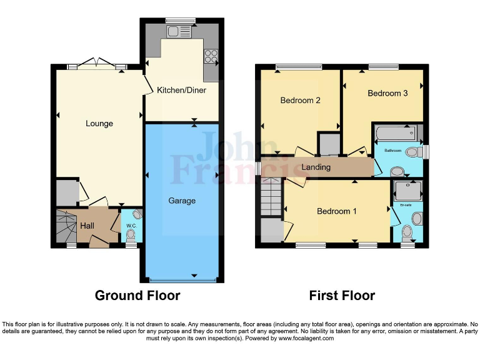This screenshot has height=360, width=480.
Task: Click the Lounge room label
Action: pos(99,124)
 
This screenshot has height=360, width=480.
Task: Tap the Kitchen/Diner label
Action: pos(181,91)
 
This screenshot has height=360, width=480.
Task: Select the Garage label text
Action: pos(182,201)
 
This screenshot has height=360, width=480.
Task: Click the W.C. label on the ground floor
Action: pos(131,226)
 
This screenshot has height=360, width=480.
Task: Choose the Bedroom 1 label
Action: pos(337,211)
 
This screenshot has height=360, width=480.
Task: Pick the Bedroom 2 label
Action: pos(300,101)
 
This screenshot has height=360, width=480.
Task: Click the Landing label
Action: pos(316,167)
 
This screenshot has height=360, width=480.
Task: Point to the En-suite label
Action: pos(406,205)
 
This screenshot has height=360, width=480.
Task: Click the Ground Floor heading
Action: pos(137,296)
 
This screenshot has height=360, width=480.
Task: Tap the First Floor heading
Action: pos(342,296)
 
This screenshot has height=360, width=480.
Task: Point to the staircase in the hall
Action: pos(64,226)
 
